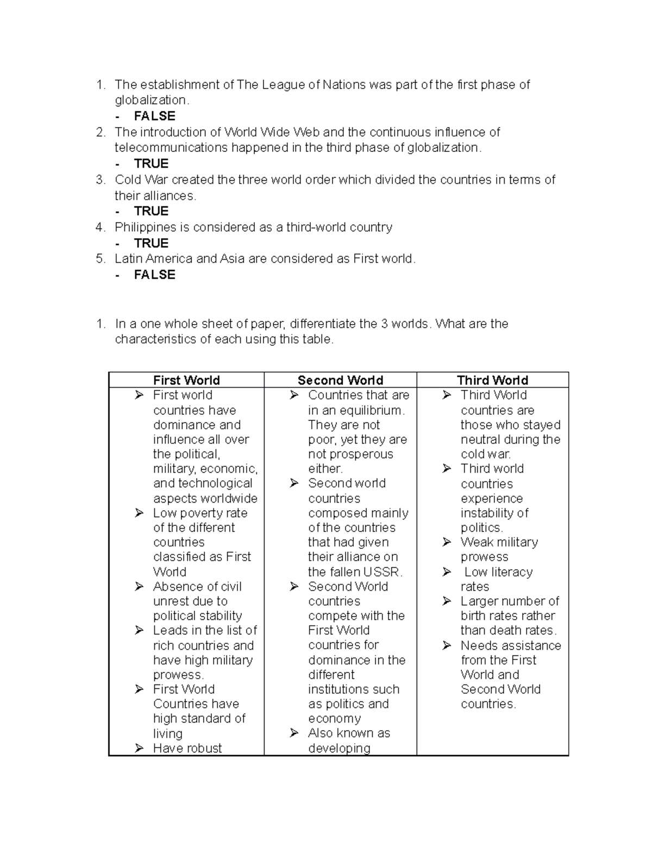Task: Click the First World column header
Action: (x=186, y=380)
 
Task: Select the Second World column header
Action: (x=340, y=380)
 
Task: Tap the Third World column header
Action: (x=492, y=380)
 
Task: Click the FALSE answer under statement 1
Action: (x=154, y=116)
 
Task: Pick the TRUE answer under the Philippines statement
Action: (x=151, y=243)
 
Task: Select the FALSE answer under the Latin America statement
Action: (x=154, y=275)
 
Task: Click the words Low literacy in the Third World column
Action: (x=498, y=572)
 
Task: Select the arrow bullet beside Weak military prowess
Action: (x=447, y=542)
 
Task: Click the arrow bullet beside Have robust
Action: (x=140, y=748)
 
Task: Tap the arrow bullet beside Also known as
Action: (x=294, y=733)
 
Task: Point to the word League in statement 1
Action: (x=284, y=85)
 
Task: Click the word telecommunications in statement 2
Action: (x=171, y=148)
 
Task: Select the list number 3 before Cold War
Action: (x=99, y=180)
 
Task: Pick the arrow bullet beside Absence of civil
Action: (x=140, y=587)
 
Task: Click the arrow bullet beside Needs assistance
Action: (x=447, y=645)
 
